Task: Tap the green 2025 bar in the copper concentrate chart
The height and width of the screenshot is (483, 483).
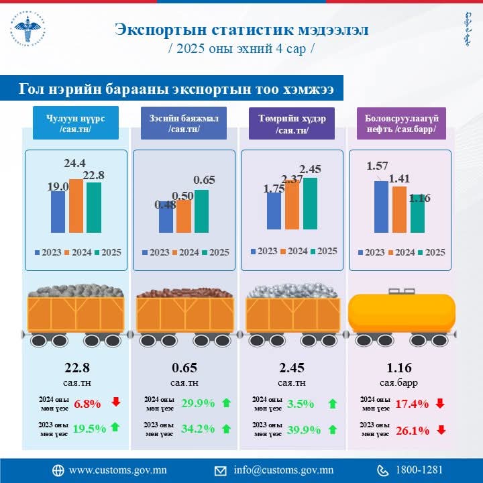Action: (x=201, y=211)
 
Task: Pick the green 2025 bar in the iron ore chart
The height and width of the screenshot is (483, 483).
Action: (x=309, y=203)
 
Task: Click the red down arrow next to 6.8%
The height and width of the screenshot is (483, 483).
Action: (x=116, y=402)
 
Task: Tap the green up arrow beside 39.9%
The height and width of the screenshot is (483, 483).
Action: (x=333, y=429)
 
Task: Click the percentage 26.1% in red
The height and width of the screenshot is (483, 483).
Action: (x=413, y=431)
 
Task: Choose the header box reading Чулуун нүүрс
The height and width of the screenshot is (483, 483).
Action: (x=76, y=123)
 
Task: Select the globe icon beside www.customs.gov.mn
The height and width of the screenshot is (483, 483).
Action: (x=58, y=470)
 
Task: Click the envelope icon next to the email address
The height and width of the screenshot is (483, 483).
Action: (x=220, y=470)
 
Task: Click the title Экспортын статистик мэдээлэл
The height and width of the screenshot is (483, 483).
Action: (x=241, y=30)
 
